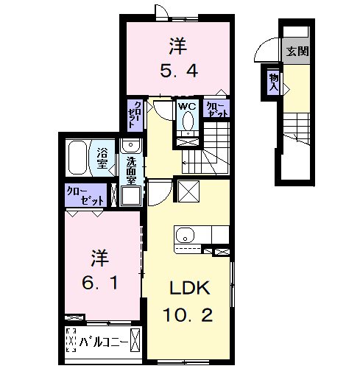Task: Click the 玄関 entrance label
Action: [x=297, y=52]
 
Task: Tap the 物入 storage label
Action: [x=274, y=82]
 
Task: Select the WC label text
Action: [x=187, y=106]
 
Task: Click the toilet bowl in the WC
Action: [x=188, y=121]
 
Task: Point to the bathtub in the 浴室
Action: [x=77, y=157]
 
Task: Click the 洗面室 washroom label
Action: [x=131, y=170]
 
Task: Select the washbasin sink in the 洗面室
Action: [x=131, y=145]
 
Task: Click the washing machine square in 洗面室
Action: [x=131, y=196]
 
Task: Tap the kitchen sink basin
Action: [x=185, y=235]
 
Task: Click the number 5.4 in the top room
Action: [x=179, y=71]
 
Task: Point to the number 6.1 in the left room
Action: [x=100, y=283]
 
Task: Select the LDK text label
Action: [x=190, y=288]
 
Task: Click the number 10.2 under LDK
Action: [x=188, y=315]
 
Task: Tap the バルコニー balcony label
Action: [x=104, y=342]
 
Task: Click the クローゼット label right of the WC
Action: [x=217, y=110]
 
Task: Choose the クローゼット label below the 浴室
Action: [x=85, y=197]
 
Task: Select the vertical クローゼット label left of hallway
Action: [x=135, y=115]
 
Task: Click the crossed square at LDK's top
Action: [x=188, y=191]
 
